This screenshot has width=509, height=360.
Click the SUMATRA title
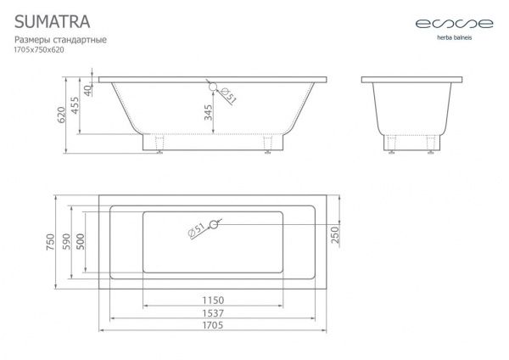(53, 22)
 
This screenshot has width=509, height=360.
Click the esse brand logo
(455, 24)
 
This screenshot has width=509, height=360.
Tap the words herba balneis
(455, 37)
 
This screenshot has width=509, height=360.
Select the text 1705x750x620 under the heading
(39, 50)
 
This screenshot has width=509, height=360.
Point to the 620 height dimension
(61, 115)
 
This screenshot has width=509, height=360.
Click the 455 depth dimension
(75, 105)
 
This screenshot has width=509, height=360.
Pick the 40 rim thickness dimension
(88, 90)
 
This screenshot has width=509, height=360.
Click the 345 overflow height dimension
(209, 112)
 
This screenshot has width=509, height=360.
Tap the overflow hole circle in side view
(213, 87)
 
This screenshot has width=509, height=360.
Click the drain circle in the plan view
(213, 224)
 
